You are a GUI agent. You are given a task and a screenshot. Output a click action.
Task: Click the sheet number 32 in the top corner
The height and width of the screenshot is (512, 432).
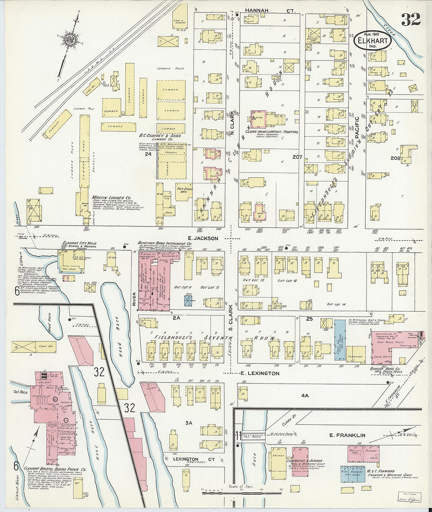411,19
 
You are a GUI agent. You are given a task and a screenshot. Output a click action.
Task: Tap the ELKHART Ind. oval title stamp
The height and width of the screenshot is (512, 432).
373,41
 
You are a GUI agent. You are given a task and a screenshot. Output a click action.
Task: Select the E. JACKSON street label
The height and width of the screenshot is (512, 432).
203,238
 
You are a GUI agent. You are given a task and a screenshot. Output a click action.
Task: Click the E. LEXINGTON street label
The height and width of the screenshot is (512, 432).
260,373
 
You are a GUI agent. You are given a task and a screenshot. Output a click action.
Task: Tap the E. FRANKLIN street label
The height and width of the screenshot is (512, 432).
347,435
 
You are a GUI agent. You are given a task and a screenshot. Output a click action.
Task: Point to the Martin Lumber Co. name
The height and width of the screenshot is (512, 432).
111,198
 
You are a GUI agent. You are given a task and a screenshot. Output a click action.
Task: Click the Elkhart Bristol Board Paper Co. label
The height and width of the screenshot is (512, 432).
55,469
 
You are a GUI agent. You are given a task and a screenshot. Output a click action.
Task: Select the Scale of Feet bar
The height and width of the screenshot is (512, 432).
242,490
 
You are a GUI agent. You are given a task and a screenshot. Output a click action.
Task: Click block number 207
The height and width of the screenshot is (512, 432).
297,157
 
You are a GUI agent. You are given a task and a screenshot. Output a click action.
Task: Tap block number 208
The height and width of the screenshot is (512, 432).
395,158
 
